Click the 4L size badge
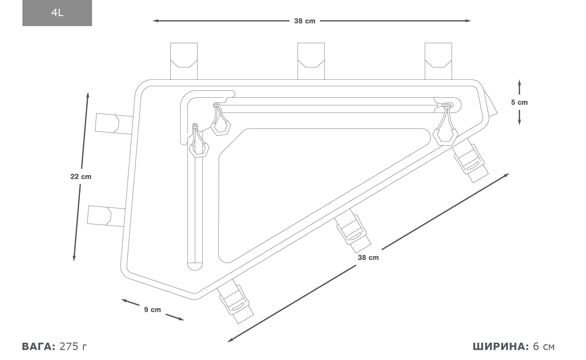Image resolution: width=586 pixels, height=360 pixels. (57, 13)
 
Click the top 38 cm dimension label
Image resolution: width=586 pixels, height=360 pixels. (304, 21)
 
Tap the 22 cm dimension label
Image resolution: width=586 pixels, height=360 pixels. (81, 177)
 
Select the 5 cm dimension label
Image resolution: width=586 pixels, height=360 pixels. (519, 103)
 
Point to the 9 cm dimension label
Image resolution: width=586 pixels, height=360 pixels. (152, 310)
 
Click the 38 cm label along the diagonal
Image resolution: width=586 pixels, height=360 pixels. (368, 258)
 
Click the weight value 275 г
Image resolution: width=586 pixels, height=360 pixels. (73, 346)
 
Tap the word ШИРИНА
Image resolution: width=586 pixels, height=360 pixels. (501, 346)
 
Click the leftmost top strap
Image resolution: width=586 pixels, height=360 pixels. (184, 61)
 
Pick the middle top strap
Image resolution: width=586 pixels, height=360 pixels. (311, 61)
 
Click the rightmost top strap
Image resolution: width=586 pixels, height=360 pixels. (438, 61)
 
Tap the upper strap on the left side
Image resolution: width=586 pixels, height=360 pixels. (114, 124)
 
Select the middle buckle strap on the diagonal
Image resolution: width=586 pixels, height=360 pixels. (354, 234)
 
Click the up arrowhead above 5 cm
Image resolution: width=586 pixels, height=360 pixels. (519, 83)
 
